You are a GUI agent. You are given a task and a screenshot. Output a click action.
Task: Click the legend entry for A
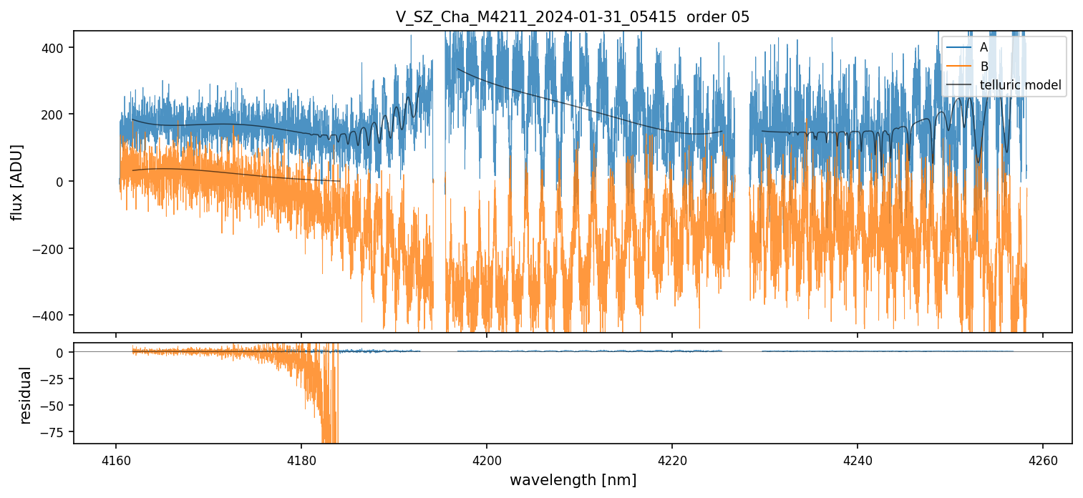[984, 47]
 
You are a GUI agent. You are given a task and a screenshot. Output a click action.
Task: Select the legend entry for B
[984, 67]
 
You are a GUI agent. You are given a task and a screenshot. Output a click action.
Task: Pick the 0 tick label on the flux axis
[59, 182]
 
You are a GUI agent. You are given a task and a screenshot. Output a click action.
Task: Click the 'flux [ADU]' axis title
[16, 182]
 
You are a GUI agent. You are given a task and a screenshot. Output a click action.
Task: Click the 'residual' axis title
[26, 395]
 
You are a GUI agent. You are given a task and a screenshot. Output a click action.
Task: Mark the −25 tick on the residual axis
[52, 379]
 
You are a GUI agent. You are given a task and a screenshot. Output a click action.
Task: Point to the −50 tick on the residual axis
[52, 406]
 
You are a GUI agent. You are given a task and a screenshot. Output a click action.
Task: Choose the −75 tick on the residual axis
[52, 432]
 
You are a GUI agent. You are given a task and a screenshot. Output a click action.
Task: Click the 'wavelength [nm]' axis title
[573, 480]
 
